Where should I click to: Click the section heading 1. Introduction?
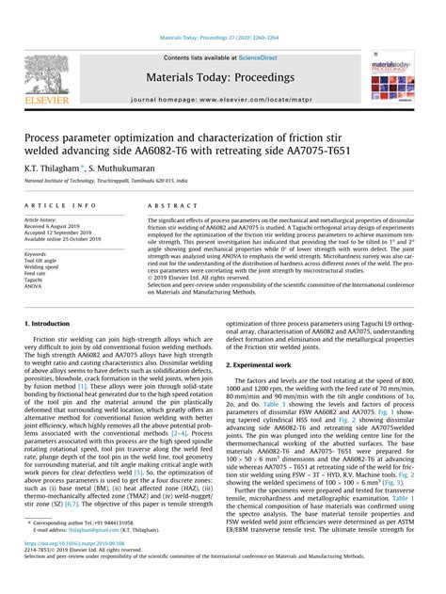(51, 323)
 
